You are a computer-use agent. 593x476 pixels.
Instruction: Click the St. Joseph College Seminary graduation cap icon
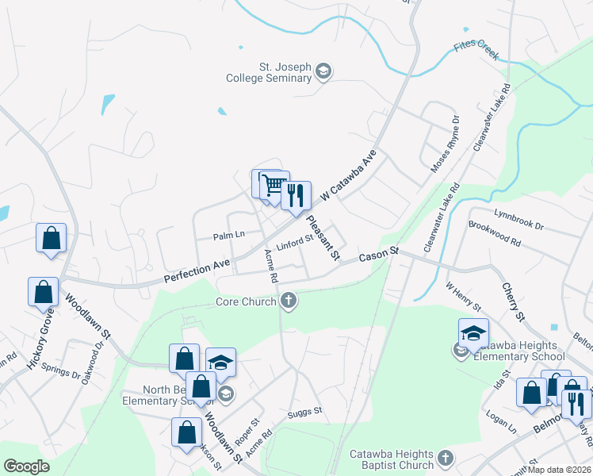(323, 72)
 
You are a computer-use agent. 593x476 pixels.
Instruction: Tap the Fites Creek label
(476, 49)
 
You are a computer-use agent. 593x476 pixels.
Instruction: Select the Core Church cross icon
(289, 301)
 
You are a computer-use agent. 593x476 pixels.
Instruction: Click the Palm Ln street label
(229, 235)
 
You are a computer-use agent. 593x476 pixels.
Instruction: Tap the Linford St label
(293, 243)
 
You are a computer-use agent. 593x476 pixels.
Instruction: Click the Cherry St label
(511, 301)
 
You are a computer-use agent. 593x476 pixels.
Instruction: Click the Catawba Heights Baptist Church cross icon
(446, 459)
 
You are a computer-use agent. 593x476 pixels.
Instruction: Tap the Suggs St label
(306, 411)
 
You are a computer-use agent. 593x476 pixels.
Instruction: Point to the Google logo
(26, 466)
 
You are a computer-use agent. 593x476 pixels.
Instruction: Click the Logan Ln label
(501, 426)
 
